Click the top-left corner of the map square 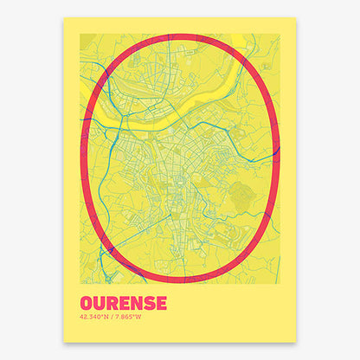[80, 34]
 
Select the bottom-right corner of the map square [280, 284]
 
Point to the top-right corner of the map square [280, 34]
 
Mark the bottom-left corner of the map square [80, 284]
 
